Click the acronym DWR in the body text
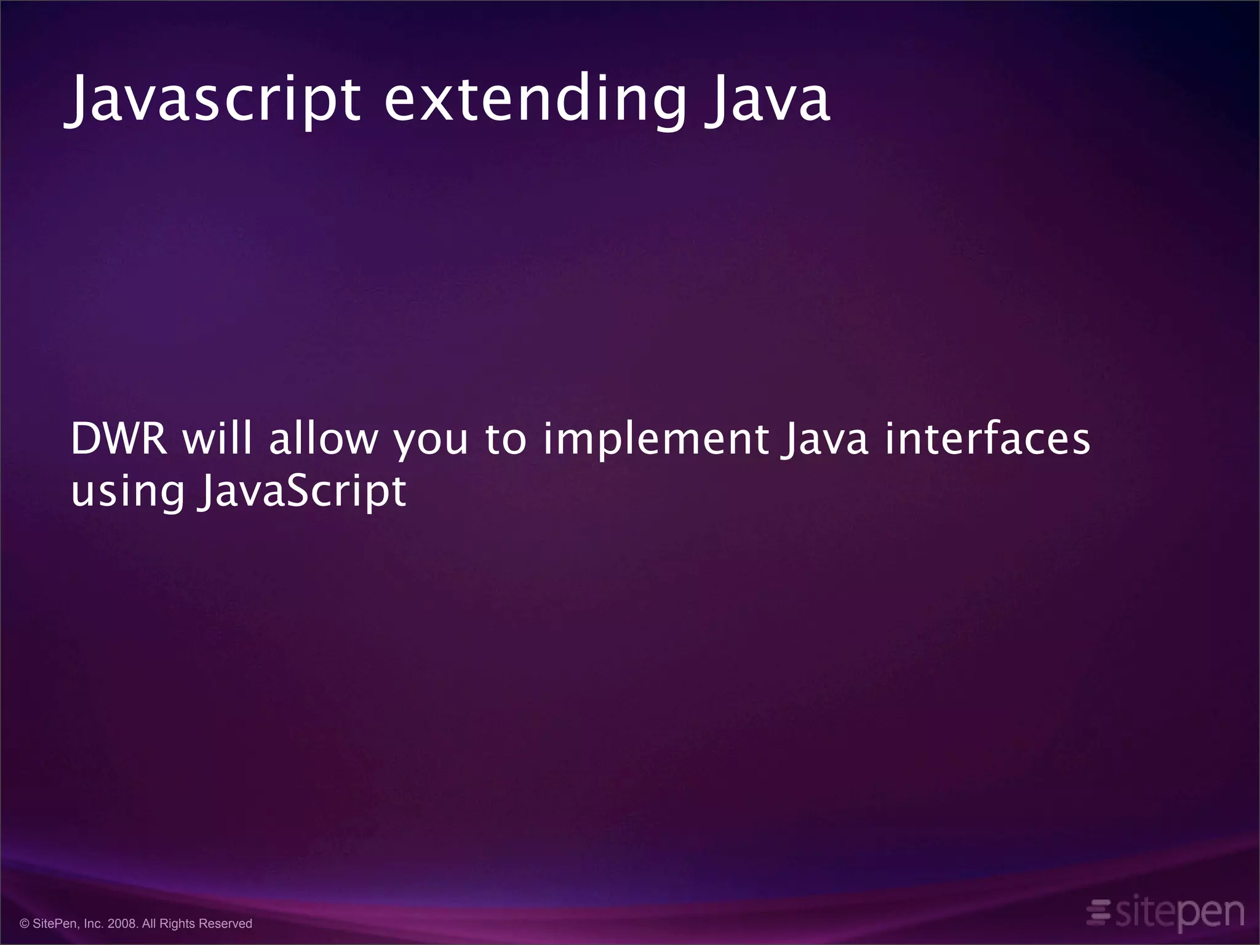tap(119, 439)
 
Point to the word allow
tap(323, 439)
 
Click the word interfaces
tap(987, 439)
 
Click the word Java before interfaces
tap(824, 439)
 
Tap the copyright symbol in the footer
tap(25, 923)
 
